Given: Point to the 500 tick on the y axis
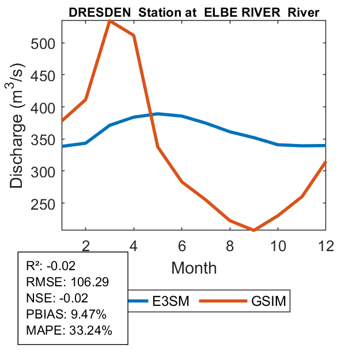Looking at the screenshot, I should click(x=43, y=43).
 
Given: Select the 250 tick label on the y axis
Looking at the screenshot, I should click(x=43, y=204).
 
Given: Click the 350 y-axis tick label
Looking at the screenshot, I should click(x=43, y=139).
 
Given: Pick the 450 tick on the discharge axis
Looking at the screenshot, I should click(x=43, y=75).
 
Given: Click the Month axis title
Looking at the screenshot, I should click(x=194, y=267).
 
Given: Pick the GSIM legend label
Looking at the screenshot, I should click(x=268, y=301).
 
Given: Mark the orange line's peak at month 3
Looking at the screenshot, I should click(x=109, y=21).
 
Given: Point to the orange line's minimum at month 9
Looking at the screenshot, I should click(x=253, y=230).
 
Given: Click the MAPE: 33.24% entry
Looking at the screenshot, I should click(x=69, y=331).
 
